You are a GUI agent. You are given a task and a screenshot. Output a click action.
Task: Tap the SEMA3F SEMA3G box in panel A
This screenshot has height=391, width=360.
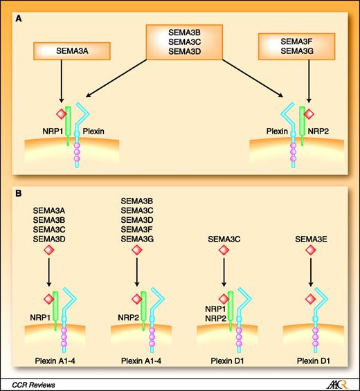click(x=295, y=48)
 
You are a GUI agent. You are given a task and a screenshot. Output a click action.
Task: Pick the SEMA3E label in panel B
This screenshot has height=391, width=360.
click(x=311, y=239)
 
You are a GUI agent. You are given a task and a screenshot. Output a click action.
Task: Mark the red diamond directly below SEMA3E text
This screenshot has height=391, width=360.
click(x=310, y=251)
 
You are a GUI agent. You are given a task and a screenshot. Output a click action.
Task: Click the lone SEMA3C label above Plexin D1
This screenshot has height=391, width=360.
click(x=224, y=239)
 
